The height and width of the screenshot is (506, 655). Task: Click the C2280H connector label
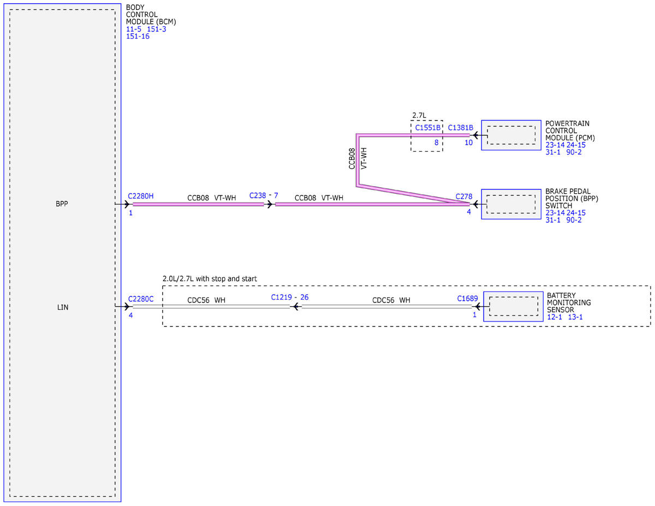pos(140,196)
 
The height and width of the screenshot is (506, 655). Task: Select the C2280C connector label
pos(140,299)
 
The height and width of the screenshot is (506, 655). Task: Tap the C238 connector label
pos(258,195)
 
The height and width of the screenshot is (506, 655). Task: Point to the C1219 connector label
pos(281,297)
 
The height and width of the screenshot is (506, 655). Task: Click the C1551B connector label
pos(427,128)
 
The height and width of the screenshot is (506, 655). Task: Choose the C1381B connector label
pos(460,128)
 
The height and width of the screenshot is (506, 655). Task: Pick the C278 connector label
pos(463,197)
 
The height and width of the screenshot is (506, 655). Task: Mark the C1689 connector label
pos(467,299)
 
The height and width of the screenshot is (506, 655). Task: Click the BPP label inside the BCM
pos(62,204)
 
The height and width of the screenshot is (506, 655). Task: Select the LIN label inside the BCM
pos(63,307)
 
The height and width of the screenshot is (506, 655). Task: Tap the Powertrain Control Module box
pos(511,135)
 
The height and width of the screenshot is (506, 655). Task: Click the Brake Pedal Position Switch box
pos(511,204)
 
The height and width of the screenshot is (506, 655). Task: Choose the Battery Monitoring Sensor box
pos(513,306)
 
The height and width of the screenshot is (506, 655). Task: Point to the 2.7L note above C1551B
pos(419,115)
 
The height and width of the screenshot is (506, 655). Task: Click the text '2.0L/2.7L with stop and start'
pos(210,278)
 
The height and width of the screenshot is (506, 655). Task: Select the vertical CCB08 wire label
pos(352,158)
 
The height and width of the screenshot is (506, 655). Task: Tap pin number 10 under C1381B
pos(468,142)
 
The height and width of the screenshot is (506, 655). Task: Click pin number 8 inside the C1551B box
pos(436,142)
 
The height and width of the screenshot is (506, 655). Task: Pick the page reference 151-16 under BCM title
pos(138,36)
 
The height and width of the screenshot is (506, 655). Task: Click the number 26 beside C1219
pos(304,297)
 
